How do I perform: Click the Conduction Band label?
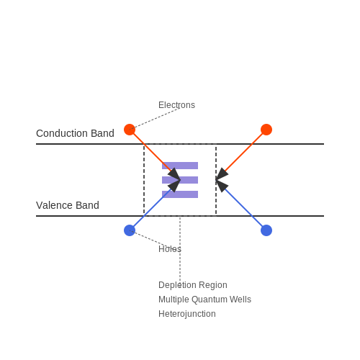click(x=75, y=133)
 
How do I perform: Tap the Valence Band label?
click(x=68, y=205)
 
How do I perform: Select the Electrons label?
click(x=176, y=105)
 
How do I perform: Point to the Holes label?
click(x=170, y=249)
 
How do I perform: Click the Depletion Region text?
click(x=193, y=285)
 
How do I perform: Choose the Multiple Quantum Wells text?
click(x=204, y=300)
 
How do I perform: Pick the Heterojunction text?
click(x=187, y=314)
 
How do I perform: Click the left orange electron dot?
click(x=130, y=130)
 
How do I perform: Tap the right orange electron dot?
click(x=266, y=130)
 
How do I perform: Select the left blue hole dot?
click(x=130, y=230)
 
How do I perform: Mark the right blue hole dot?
click(x=266, y=230)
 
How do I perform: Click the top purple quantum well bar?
click(x=180, y=166)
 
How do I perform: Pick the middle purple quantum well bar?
click(x=180, y=180)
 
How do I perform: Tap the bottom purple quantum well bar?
click(x=180, y=194)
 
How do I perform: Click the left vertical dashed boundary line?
click(x=144, y=180)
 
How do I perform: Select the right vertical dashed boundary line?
click(x=216, y=180)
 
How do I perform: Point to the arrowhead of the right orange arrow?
click(x=221, y=174)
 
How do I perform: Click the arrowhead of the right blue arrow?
click(x=221, y=186)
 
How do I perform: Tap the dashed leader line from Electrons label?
click(x=155, y=119)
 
